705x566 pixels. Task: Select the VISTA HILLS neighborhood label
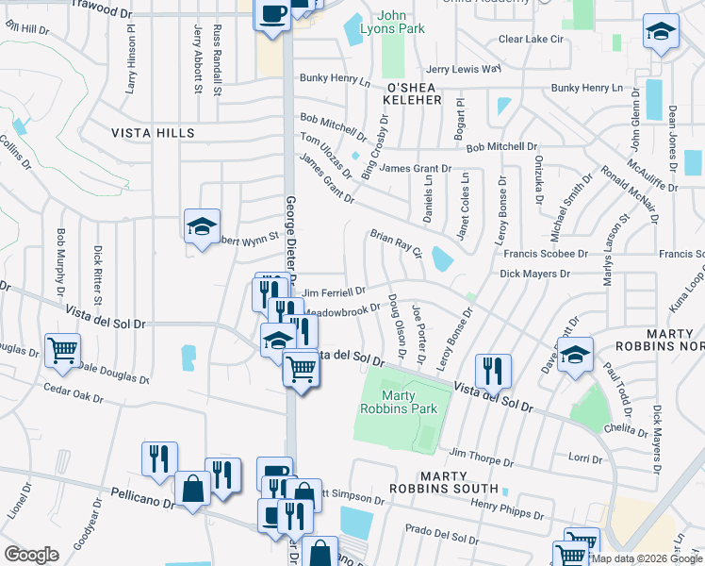[x=153, y=133]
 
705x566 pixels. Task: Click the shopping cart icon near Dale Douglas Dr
[x=62, y=351]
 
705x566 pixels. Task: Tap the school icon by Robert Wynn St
[x=202, y=226]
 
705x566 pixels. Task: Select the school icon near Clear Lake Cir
[x=661, y=33]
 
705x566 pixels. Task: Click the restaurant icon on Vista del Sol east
[x=493, y=372]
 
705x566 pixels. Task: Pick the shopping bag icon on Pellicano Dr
[x=192, y=489]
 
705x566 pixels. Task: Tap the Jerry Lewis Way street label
[x=463, y=69]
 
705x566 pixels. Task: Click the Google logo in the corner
[x=31, y=555]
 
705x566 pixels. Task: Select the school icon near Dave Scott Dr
[x=575, y=356]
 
